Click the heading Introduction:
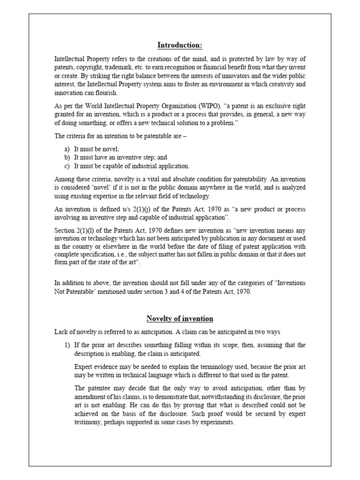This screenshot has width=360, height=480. (180, 45)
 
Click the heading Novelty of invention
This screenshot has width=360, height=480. (180, 318)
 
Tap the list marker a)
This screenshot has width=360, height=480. (68, 149)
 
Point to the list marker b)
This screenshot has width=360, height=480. (68, 157)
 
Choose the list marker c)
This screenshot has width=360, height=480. (68, 166)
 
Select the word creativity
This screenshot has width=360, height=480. (279, 84)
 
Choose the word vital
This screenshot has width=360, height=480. (152, 179)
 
